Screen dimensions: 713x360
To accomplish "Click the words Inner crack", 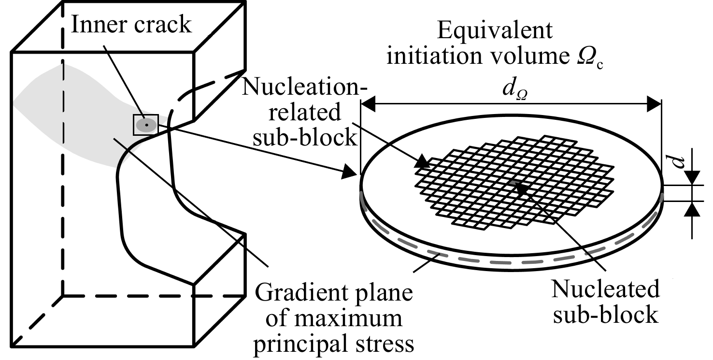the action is (x=131, y=24).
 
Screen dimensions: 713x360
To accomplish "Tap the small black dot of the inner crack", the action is (x=146, y=125).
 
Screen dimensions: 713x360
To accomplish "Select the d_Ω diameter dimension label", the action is (x=514, y=89).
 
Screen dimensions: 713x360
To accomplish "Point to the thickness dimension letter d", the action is (x=679, y=162).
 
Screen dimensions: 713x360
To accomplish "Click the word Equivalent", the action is (x=495, y=31).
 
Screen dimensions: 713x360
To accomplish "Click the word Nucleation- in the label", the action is (x=305, y=86).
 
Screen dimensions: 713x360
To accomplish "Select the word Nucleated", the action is (x=605, y=289).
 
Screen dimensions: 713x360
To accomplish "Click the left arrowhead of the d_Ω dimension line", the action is (x=368, y=104).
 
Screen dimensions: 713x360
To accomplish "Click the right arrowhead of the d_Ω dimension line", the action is (x=654, y=104).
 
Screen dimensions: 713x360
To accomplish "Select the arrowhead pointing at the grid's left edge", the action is (x=422, y=161).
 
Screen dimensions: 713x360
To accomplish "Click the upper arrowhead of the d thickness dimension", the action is (x=692, y=178).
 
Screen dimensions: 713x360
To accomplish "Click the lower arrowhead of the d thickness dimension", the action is (x=692, y=209).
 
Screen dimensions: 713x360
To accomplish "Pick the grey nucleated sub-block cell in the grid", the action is (x=513, y=183).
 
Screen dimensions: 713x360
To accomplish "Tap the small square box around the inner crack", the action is (x=146, y=125).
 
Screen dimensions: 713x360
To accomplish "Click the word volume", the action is (x=529, y=56).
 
